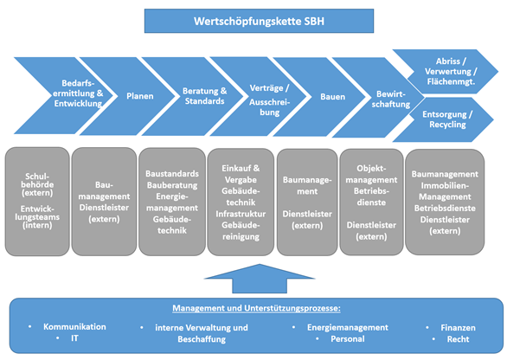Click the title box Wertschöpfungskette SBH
coord(259,21)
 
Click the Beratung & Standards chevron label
coord(205,96)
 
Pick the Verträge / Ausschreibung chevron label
coord(269,100)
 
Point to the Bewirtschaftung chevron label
coord(390,99)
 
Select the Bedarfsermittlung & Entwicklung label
coord(78,93)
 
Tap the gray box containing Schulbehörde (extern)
coord(37,202)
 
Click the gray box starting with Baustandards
coord(172,202)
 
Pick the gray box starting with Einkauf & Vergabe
coord(241,202)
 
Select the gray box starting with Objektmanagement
coord(371,202)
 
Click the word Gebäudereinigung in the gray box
coord(241,230)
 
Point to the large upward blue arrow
coord(260,279)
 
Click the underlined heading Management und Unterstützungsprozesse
coord(256,308)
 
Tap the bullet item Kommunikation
coord(74,327)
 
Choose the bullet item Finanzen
coord(458,328)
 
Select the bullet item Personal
coord(348,338)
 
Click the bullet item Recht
coord(458,339)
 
